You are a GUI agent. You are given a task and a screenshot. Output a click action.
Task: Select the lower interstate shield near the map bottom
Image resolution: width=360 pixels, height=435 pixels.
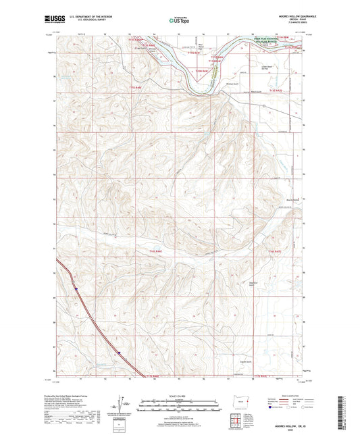pyautogui.click(x=119, y=352)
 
